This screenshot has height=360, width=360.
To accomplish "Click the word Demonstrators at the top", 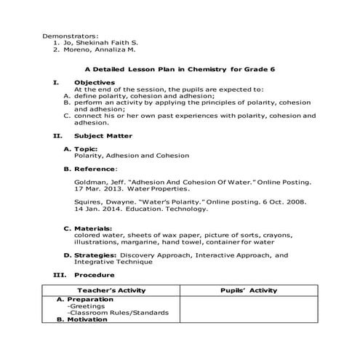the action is point(71,36).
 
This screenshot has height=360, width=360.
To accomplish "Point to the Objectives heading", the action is point(95,83).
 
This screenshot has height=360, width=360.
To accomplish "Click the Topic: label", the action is point(86,149).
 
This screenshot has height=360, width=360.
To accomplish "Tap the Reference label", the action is point(97,169).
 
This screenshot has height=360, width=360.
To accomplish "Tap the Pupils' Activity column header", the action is point(248,290).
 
